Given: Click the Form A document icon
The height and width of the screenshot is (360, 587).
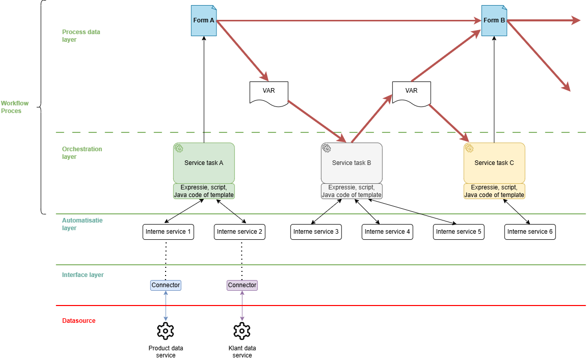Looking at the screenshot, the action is pos(204,20).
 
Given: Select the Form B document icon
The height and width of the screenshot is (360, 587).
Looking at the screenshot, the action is pos(494,20).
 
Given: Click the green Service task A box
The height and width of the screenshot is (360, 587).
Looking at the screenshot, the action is pos(204,163).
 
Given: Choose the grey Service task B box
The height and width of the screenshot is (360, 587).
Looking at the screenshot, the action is pos(352,163).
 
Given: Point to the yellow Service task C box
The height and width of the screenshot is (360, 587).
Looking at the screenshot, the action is pos(494,163).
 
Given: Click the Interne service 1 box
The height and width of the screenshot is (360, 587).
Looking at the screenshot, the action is pos(168,232).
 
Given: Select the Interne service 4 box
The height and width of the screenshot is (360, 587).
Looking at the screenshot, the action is pos(387,232).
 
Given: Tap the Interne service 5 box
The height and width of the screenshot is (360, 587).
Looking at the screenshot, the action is pos(459,232).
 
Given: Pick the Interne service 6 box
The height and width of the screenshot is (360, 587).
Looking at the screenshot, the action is pos(530,232).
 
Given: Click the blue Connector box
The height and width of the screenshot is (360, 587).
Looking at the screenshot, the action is pos(166,285).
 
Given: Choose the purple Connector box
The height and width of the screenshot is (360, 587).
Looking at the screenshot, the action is pos(242,285).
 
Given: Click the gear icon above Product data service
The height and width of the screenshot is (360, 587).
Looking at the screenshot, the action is pos(166,331).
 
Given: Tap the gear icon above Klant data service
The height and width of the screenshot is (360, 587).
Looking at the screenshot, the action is pos(242,331).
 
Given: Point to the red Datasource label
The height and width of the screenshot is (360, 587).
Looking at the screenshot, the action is pos(78,321).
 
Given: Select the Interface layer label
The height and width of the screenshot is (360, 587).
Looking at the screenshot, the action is pos(83,274).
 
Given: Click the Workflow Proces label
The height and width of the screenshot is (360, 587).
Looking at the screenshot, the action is pos(15,107).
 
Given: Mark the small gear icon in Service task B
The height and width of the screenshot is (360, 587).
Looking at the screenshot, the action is pos(327,148).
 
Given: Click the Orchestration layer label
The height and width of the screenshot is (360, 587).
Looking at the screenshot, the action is pos(82,153).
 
